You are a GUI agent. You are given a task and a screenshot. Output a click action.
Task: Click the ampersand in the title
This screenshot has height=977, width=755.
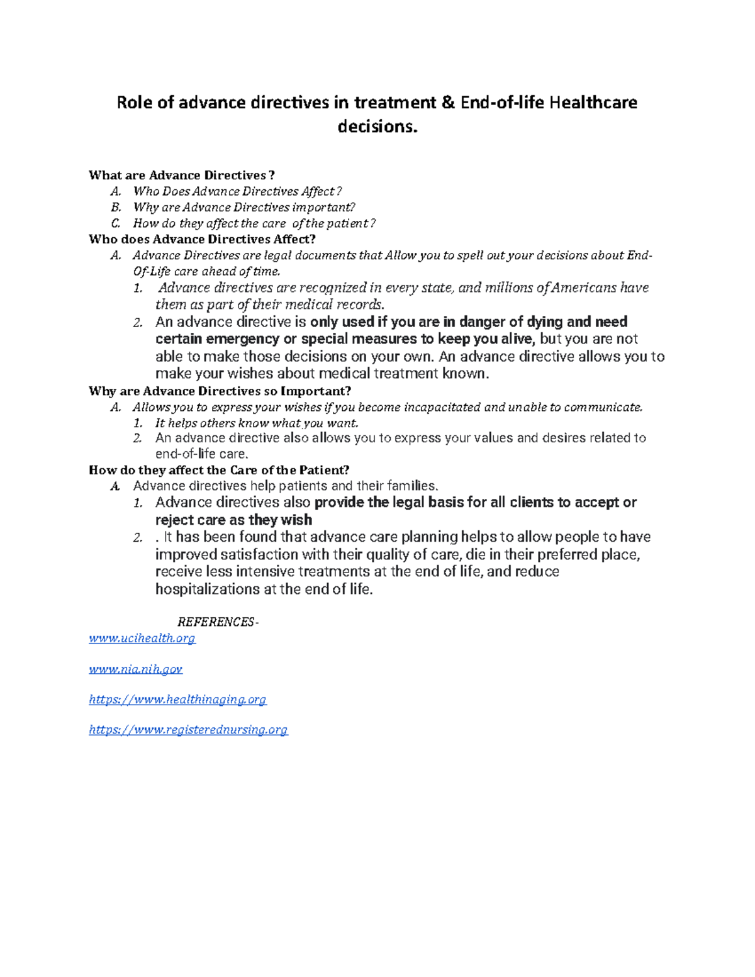pyautogui.click(x=448, y=103)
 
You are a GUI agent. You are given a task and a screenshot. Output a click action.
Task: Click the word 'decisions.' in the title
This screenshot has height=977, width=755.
pyautogui.click(x=377, y=127)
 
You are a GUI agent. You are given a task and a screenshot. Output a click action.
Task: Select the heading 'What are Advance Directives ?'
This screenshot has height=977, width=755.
pyautogui.click(x=182, y=175)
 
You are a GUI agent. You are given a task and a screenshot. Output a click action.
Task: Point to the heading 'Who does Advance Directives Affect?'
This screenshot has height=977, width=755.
pyautogui.click(x=202, y=239)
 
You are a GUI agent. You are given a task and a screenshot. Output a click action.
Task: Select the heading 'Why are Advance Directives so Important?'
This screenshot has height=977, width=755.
pyautogui.click(x=220, y=391)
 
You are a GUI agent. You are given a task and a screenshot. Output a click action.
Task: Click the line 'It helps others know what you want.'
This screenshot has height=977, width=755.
pyautogui.click(x=257, y=423)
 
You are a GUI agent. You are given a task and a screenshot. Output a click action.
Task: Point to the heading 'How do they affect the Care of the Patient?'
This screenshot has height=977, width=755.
pyautogui.click(x=219, y=470)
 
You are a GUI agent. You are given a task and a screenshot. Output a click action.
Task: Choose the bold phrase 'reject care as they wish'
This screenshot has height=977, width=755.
pyautogui.click(x=233, y=520)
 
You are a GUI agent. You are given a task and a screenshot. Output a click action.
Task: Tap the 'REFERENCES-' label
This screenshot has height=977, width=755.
pyautogui.click(x=218, y=622)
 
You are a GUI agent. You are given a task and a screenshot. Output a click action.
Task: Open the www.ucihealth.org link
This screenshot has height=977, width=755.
pyautogui.click(x=142, y=639)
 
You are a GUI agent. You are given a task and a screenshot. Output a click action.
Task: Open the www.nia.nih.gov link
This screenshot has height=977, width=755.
pyautogui.click(x=136, y=669)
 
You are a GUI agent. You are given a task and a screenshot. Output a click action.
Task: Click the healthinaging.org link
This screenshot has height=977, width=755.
pyautogui.click(x=177, y=700)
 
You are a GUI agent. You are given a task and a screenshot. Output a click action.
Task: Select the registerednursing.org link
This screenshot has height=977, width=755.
pyautogui.click(x=188, y=730)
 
